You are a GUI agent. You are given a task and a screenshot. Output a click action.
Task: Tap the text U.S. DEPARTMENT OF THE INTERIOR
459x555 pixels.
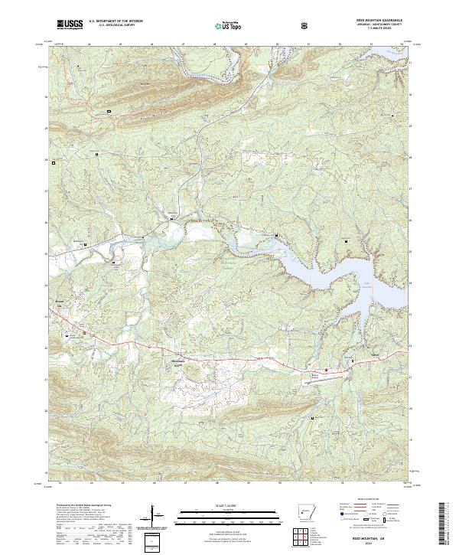point(116,21)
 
